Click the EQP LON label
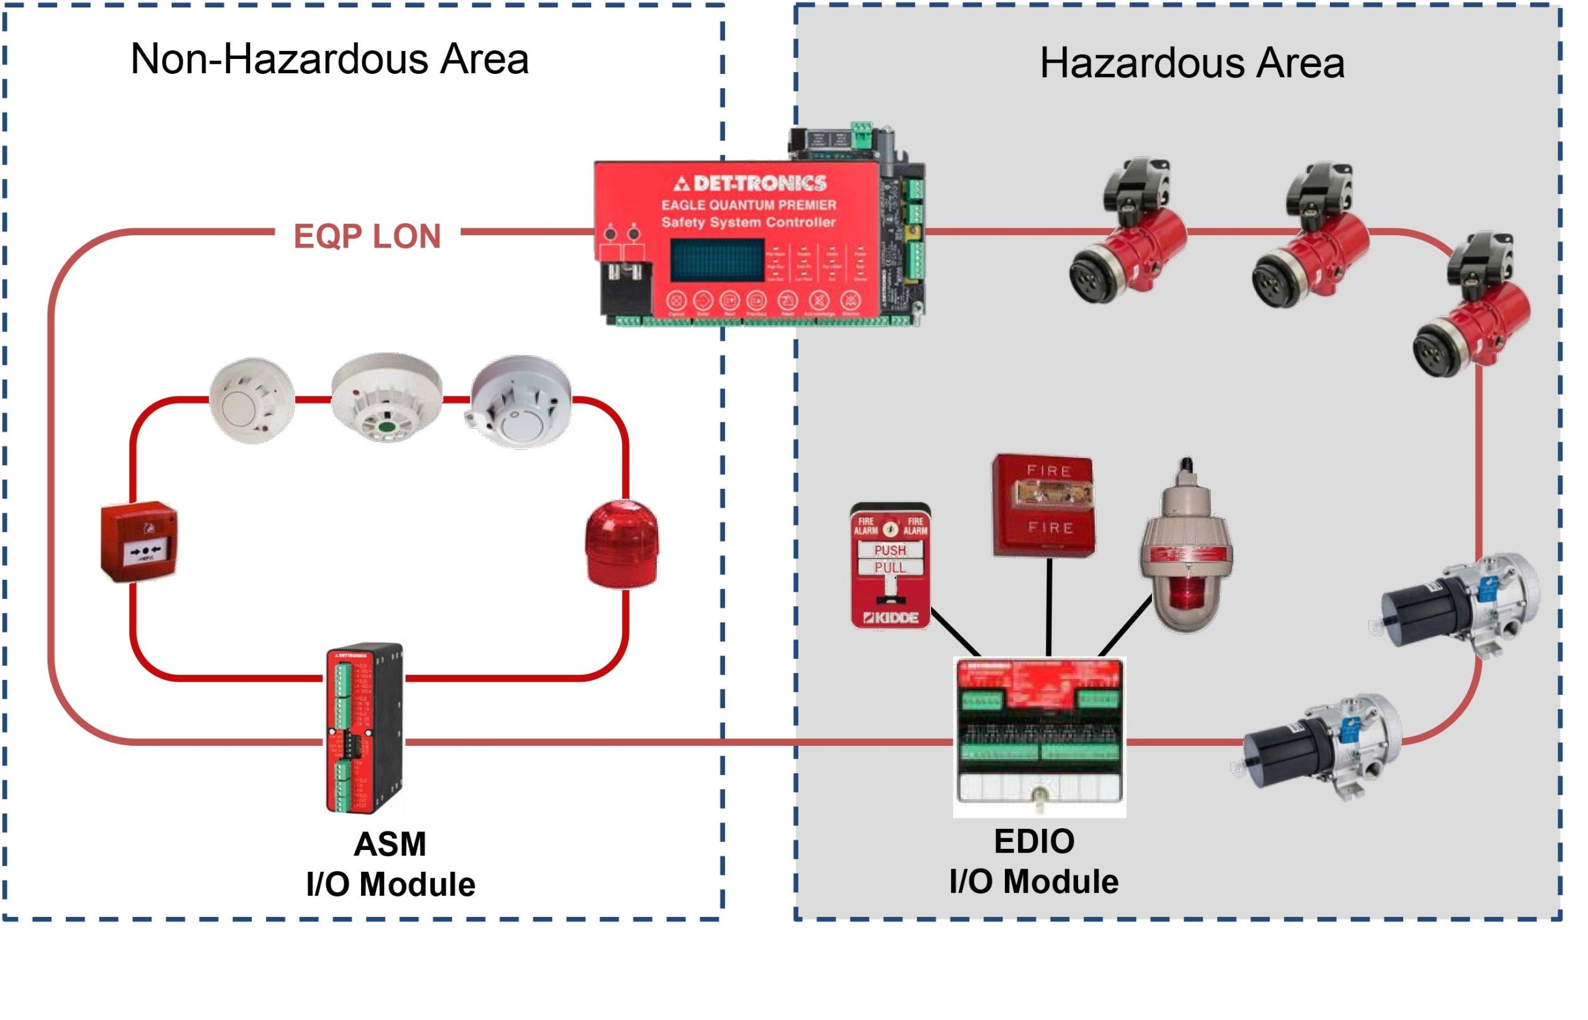[367, 236]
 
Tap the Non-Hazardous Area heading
[329, 60]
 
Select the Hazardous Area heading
[1192, 63]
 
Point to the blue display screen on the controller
[716, 261]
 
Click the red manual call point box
[139, 542]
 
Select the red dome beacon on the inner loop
[621, 545]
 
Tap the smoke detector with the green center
[386, 398]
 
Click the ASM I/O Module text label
[390, 864]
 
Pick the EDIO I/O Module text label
[1033, 861]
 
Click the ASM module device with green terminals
[364, 728]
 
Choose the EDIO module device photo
[1039, 736]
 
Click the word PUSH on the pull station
[890, 550]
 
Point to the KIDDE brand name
[891, 618]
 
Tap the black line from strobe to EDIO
[1049, 606]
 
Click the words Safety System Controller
[748, 223]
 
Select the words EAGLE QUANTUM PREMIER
[748, 205]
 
